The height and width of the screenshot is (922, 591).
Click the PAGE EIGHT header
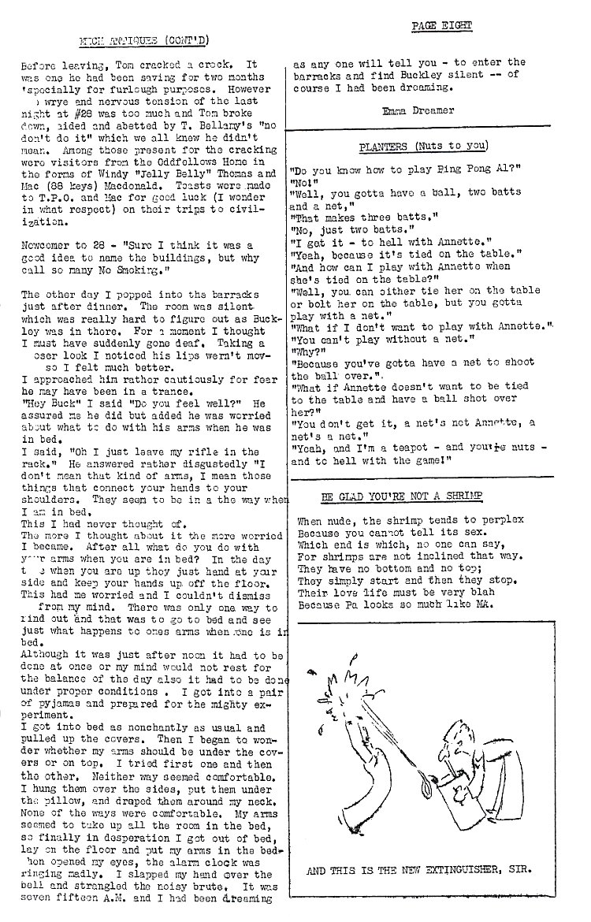coord(442,26)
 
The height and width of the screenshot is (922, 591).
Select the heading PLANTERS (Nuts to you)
coord(423,146)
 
